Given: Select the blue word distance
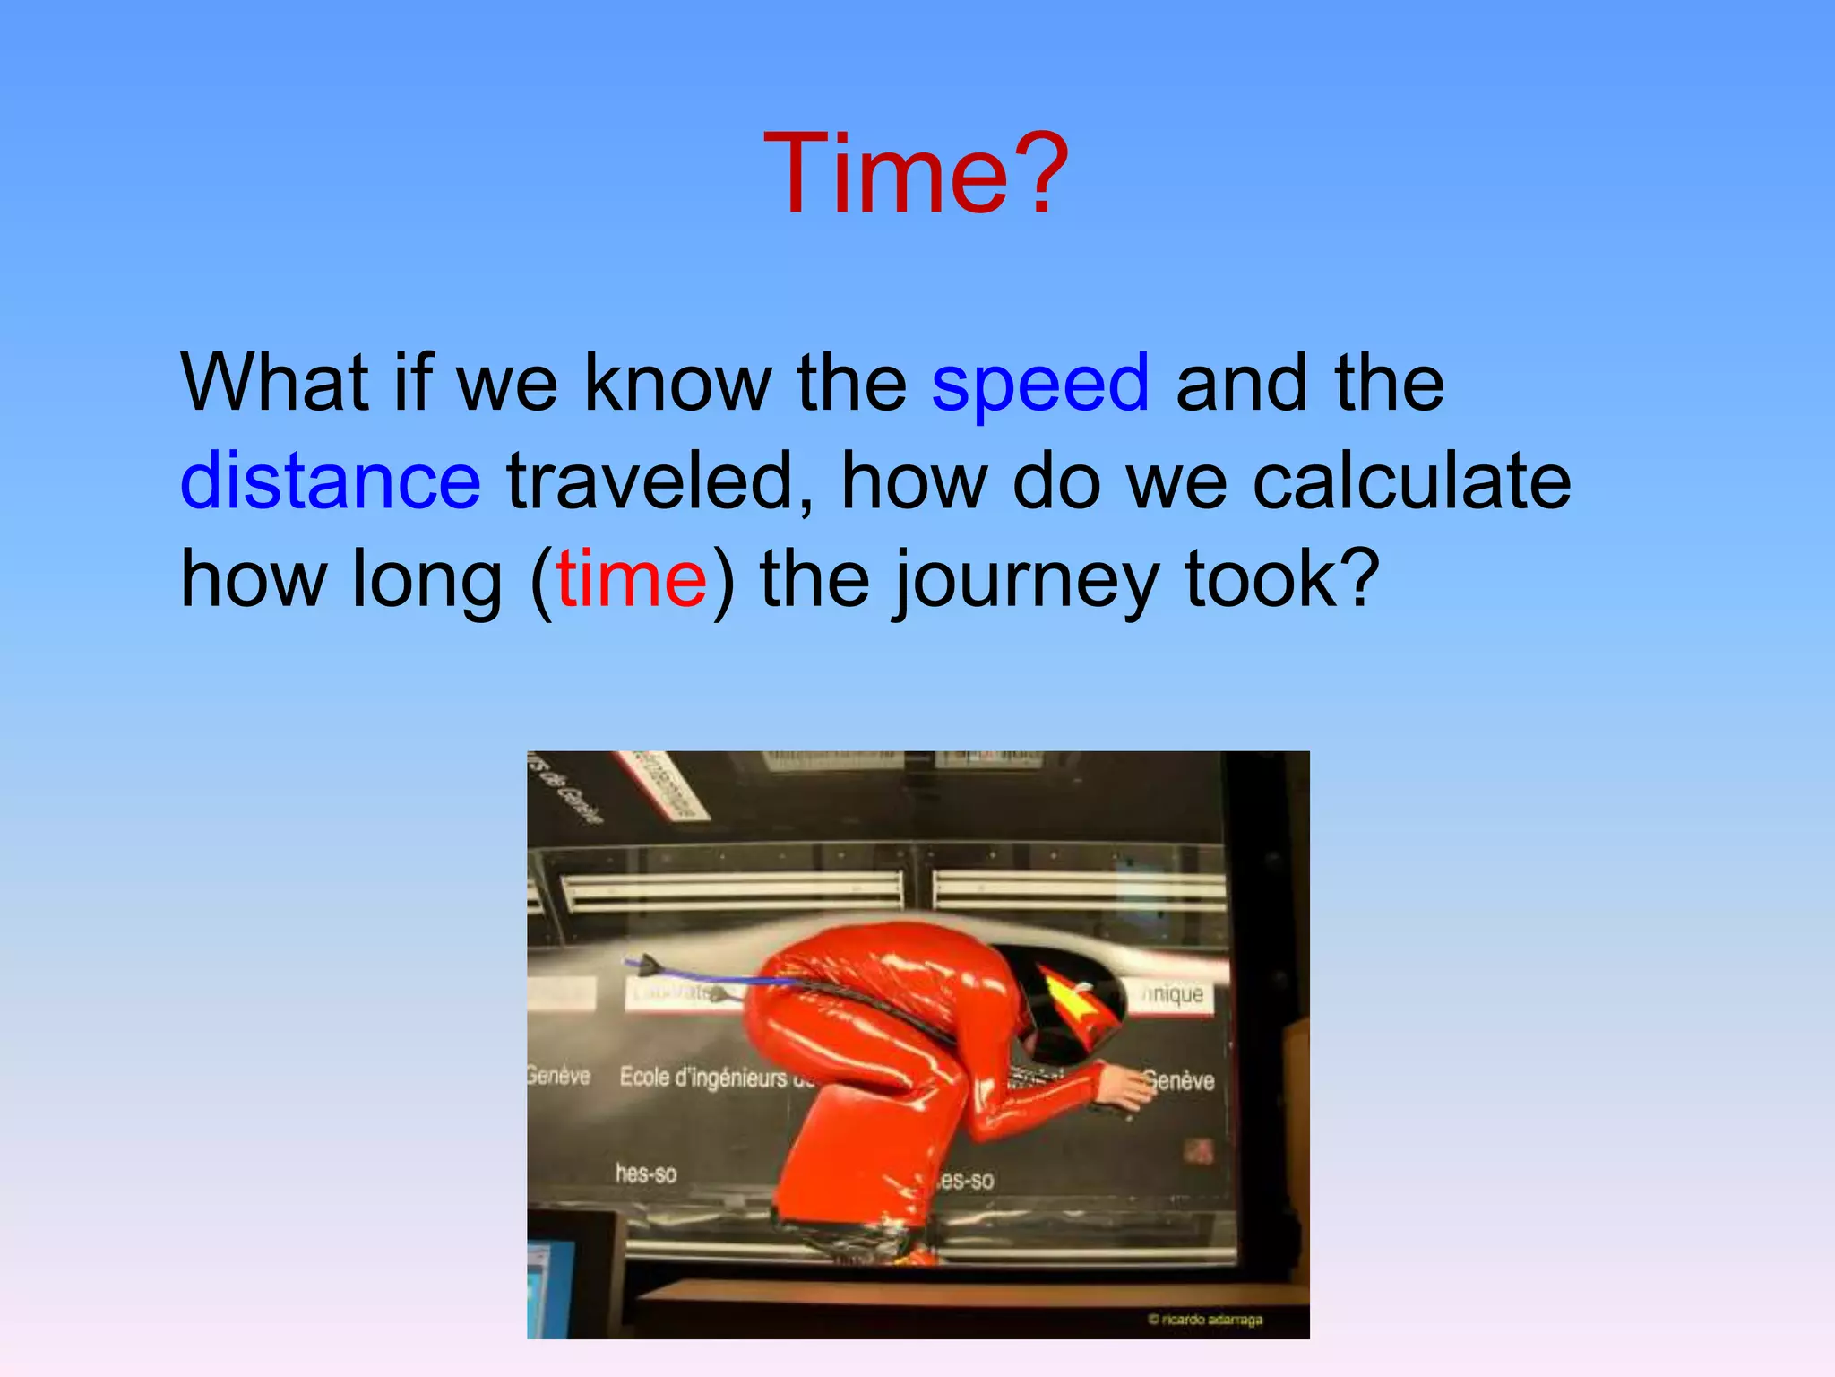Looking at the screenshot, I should [x=331, y=481].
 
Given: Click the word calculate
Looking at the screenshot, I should [x=1411, y=481].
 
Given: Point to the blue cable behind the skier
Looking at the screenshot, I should [x=708, y=976].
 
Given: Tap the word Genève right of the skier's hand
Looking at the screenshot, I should [x=1181, y=1080].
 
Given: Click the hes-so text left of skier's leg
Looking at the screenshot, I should [x=646, y=1173].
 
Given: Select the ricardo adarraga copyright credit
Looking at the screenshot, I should [x=1206, y=1320].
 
